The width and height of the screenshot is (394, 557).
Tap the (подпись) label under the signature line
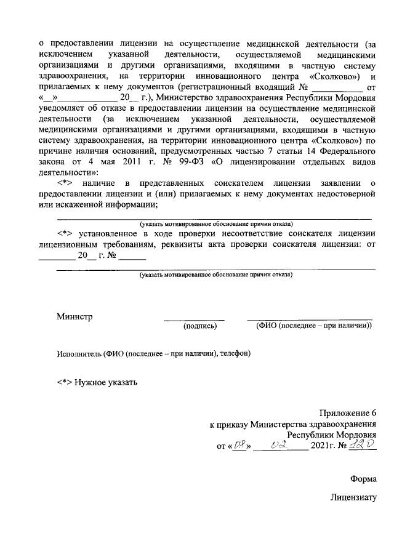[x=200, y=326]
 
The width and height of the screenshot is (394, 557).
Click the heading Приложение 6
[x=347, y=413]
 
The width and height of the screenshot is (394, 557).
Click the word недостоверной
[x=340, y=194]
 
